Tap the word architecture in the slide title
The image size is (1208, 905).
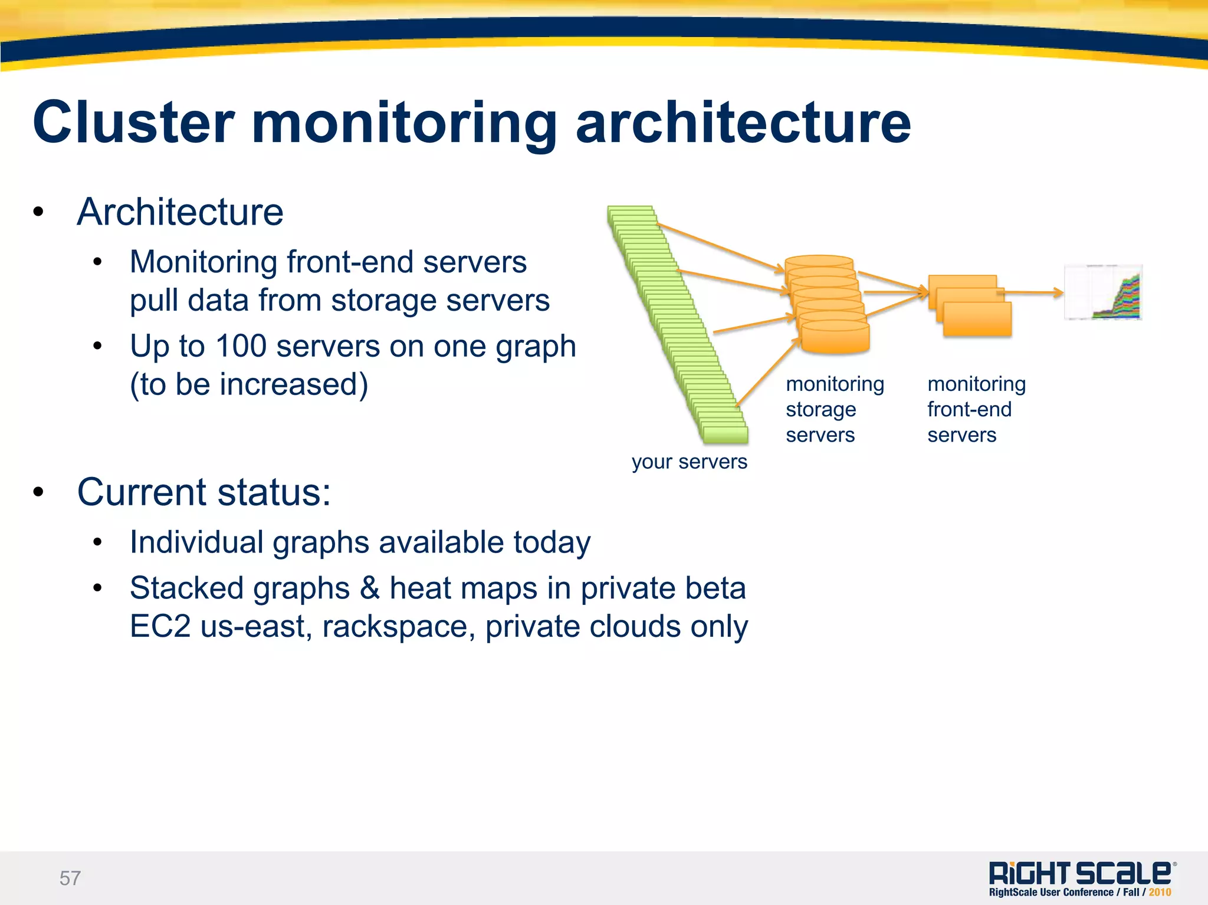[x=743, y=123]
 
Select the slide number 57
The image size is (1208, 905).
[x=70, y=878]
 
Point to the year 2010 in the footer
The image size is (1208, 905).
[x=1160, y=892]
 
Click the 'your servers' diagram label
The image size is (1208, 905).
[x=689, y=462]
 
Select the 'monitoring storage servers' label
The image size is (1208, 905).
[x=834, y=409]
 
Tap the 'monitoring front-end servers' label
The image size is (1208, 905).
[x=976, y=409]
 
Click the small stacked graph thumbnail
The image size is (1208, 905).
[x=1103, y=292]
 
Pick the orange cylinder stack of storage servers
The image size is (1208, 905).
[x=829, y=307]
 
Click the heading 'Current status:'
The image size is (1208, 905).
[x=204, y=492]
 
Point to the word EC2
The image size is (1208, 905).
[x=160, y=626]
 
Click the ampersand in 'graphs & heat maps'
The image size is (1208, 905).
[x=369, y=588]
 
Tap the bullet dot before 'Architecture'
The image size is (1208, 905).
[x=38, y=212]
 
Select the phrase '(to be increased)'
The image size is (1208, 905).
[x=249, y=384]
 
